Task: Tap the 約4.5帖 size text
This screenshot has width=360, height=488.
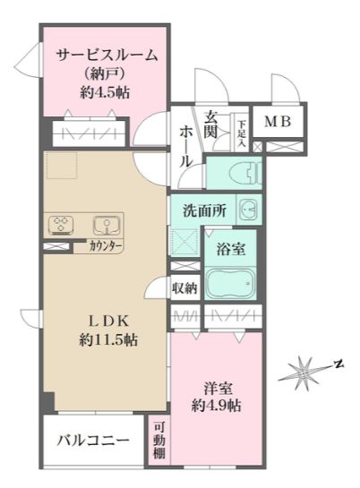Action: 107,91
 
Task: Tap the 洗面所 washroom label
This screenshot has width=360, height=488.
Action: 203,212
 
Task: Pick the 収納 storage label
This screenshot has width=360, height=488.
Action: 184,288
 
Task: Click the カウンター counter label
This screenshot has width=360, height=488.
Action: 106,246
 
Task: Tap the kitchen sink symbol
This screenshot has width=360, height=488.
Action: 107,223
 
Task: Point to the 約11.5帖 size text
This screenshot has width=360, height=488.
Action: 106,340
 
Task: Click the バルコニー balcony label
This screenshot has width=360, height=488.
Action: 93,441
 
